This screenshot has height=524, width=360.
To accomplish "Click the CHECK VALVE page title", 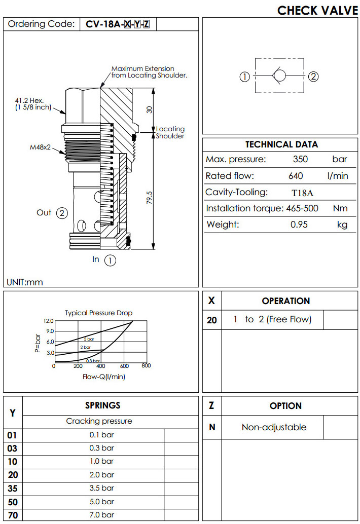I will pyautogui.click(x=317, y=10).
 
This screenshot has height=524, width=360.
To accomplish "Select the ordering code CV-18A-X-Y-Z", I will pyautogui.click(x=118, y=24).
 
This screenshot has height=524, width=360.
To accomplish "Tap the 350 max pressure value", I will pyautogui.click(x=301, y=159).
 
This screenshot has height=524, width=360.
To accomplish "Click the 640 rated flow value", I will pyautogui.click(x=296, y=176).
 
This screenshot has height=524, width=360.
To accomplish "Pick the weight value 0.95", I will pyautogui.click(x=299, y=224).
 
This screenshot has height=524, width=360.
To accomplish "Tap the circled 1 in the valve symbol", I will pyautogui.click(x=244, y=77).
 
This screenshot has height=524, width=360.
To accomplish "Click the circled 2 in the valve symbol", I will pyautogui.click(x=313, y=77).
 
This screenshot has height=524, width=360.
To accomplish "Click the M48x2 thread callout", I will pyautogui.click(x=40, y=148).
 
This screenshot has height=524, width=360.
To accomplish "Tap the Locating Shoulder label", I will pyautogui.click(x=170, y=132).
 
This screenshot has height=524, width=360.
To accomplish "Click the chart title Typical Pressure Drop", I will pyautogui.click(x=98, y=313).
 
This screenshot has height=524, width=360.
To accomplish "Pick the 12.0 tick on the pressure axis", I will pyautogui.click(x=49, y=321).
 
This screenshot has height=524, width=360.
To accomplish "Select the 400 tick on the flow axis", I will pyautogui.click(x=100, y=366).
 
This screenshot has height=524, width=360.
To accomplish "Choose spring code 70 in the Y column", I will pyautogui.click(x=12, y=515).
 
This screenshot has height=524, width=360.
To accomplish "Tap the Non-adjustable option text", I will pyautogui.click(x=274, y=427).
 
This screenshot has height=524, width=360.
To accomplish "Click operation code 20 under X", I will pyautogui.click(x=212, y=320).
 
